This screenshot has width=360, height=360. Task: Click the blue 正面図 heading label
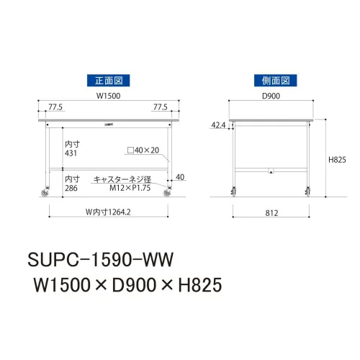pyautogui.click(x=108, y=81)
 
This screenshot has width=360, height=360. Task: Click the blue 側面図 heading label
pyautogui.click(x=276, y=81)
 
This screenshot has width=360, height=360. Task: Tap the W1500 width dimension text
pyautogui.click(x=108, y=96)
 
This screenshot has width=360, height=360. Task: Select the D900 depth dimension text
pyautogui.click(x=271, y=96)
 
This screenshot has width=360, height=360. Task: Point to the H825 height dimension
pyautogui.click(x=337, y=160)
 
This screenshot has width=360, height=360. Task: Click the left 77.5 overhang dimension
pyautogui.click(x=55, y=107)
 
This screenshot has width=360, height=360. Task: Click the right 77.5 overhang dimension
pyautogui.click(x=161, y=107)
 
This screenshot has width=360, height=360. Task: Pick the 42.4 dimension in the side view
pyautogui.click(x=218, y=125)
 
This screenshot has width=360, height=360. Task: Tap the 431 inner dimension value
pyautogui.click(x=71, y=153)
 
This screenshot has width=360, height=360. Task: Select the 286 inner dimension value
pyautogui.click(x=71, y=188)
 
